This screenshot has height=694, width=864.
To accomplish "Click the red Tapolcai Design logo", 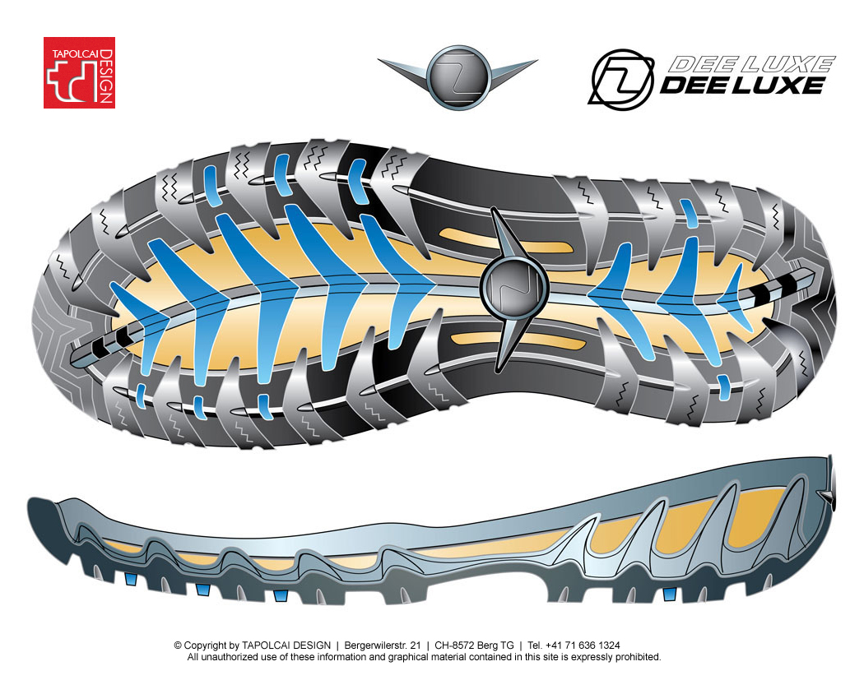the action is coord(79,72).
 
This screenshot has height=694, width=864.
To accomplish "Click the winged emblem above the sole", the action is coord(458,76).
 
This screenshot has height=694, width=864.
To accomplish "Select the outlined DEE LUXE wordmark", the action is coord(750,64).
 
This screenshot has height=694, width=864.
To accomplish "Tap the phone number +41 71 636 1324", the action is coord(583,645).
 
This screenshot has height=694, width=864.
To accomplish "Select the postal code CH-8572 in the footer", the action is coord(454,645).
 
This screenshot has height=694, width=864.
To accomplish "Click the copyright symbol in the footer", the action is coord(178,645).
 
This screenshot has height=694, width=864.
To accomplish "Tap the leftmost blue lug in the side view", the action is coord(131,579).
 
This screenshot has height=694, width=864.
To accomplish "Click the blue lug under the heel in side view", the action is coord(670,594).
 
